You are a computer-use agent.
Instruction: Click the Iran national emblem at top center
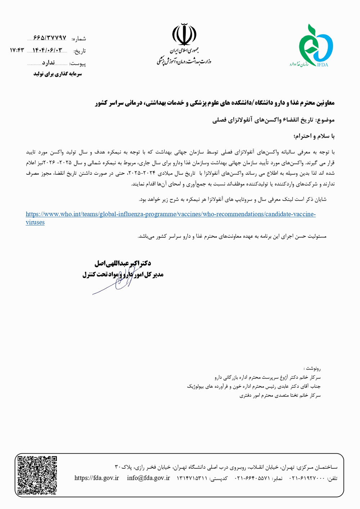(184, 34)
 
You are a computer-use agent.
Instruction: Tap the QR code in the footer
(37, 475)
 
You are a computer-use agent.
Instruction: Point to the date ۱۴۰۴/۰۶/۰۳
(48, 50)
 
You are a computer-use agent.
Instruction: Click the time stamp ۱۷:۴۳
(17, 50)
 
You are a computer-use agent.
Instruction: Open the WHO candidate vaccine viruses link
(171, 214)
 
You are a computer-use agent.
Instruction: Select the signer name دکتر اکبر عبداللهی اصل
(123, 263)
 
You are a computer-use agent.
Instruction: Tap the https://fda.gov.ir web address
(96, 478)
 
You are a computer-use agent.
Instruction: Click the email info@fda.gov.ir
(148, 478)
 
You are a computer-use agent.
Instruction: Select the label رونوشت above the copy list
(312, 369)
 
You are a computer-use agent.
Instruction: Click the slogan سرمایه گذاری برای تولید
(58, 74)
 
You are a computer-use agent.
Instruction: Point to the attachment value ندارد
(48, 63)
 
